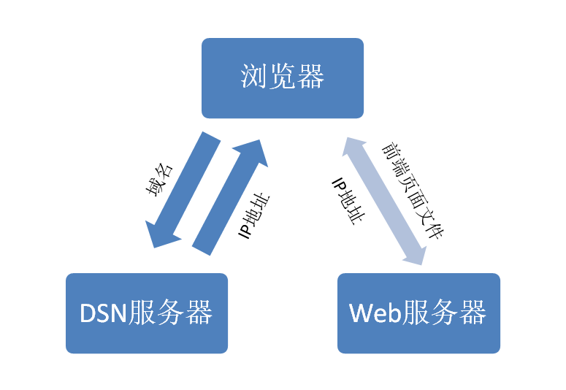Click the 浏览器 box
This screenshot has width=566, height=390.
tap(283, 78)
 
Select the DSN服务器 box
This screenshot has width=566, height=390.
tap(147, 313)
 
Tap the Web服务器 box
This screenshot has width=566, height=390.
tap(418, 313)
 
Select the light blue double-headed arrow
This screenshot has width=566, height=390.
tap(384, 199)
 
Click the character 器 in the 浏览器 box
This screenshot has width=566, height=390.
tap(310, 77)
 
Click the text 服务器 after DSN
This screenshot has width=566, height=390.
tap(170, 313)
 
